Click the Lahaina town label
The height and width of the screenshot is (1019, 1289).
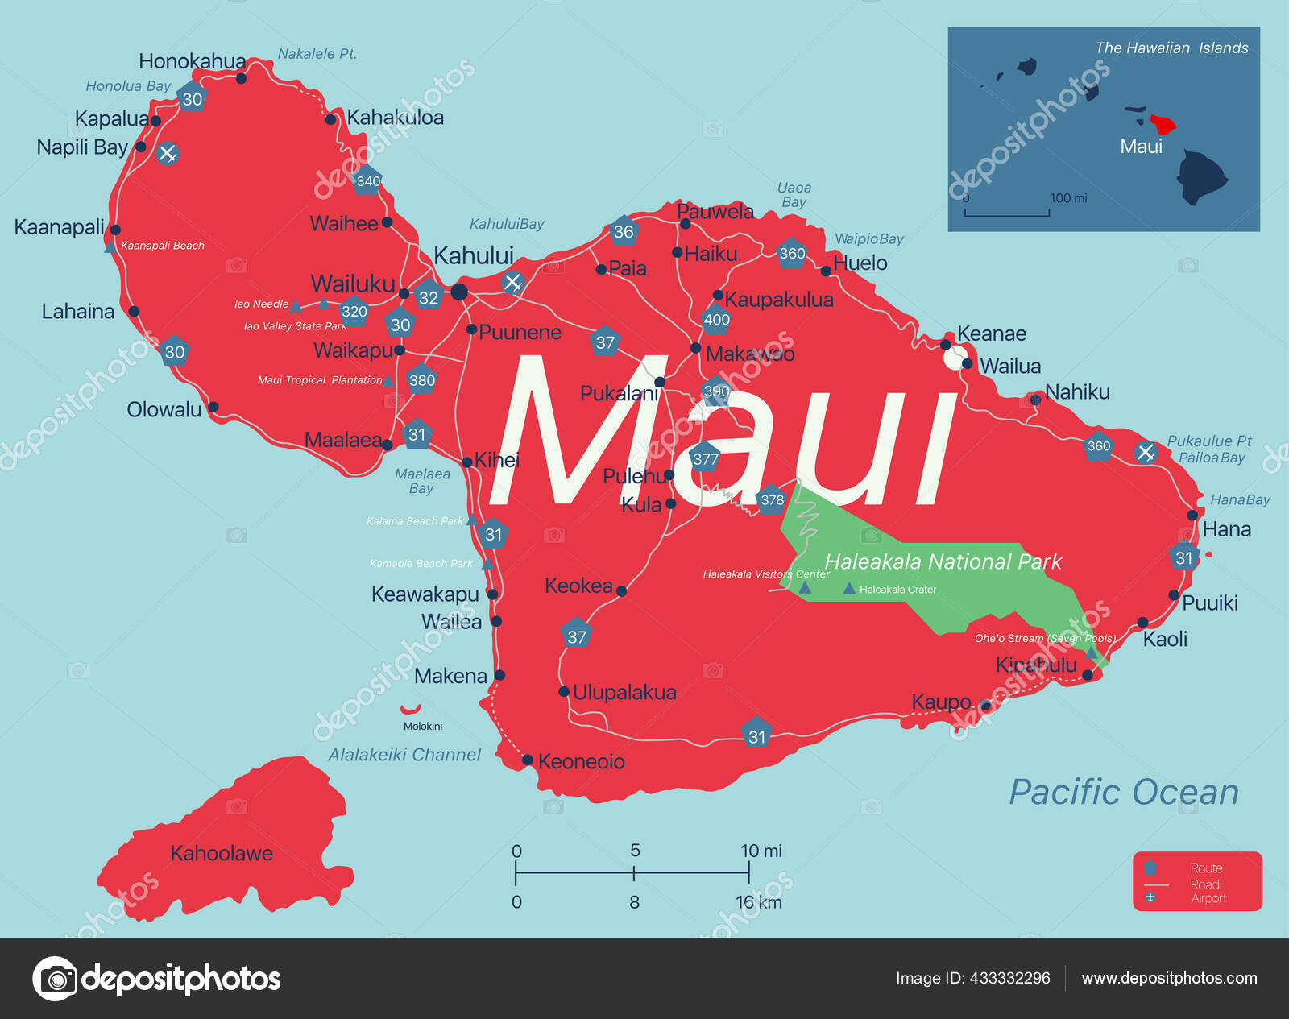(x=78, y=312)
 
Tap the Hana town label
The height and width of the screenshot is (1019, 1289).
(x=1226, y=529)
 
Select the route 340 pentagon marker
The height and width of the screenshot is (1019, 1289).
(x=367, y=181)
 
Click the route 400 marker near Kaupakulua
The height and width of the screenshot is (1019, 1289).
(x=716, y=320)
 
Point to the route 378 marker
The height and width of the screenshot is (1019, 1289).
(x=772, y=500)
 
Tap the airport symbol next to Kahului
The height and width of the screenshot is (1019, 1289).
(x=512, y=283)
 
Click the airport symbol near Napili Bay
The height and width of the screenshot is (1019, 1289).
(x=168, y=153)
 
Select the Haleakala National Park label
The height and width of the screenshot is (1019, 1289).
(x=943, y=561)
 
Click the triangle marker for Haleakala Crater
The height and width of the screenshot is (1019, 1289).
(x=849, y=590)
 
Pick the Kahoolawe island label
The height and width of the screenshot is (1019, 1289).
(x=222, y=853)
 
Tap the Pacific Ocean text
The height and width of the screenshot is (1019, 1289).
(x=1124, y=792)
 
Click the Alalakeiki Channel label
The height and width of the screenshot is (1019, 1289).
(x=404, y=755)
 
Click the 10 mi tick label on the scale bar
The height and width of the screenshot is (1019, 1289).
(x=761, y=851)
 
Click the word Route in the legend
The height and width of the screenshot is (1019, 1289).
(x=1206, y=868)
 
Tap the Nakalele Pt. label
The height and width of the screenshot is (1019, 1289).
(x=317, y=54)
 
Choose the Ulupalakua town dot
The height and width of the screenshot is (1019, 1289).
(x=564, y=692)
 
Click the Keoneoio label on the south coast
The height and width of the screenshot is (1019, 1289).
(x=581, y=761)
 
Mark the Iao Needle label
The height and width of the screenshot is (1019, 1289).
(x=261, y=304)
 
